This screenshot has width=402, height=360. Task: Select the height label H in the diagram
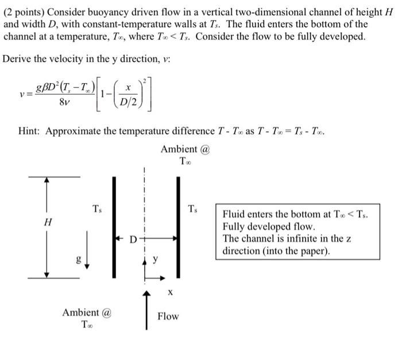point(48,223)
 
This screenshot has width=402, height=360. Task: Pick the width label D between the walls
point(132,238)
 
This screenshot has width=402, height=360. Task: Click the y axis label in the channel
point(154,259)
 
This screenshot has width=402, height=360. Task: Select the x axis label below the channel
point(169,293)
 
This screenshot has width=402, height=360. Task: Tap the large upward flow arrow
point(147,310)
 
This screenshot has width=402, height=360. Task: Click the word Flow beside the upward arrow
point(168,316)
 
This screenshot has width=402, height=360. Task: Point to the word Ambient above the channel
point(179,149)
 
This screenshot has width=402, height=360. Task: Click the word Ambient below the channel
point(81,313)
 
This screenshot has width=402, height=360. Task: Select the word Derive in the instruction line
point(19,59)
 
